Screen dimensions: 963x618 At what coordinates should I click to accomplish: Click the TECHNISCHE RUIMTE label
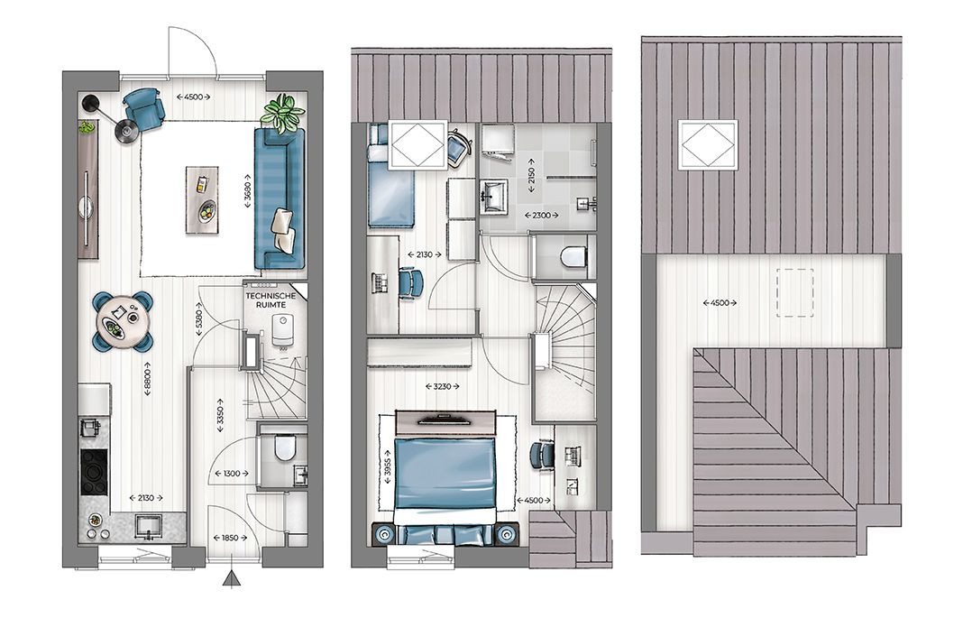click(271, 300)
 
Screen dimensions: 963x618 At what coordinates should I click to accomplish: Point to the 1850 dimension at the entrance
click(230, 538)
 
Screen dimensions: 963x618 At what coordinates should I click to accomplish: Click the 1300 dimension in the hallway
click(232, 474)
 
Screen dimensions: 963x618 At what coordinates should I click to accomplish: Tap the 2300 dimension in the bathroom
click(542, 215)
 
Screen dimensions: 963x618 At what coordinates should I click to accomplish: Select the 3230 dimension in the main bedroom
click(442, 386)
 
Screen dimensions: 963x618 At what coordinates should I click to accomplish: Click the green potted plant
click(282, 113)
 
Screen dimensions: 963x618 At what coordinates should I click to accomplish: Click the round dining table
click(123, 320)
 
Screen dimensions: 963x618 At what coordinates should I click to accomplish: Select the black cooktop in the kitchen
click(94, 472)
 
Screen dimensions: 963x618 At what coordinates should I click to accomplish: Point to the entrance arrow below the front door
click(232, 579)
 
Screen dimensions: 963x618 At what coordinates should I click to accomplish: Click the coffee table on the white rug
click(203, 199)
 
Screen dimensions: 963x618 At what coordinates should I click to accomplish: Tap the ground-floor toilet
click(284, 447)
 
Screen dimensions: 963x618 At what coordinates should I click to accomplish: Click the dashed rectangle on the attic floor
click(794, 293)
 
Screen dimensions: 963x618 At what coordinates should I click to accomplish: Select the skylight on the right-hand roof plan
click(707, 145)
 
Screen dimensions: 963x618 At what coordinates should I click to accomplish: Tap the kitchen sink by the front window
click(148, 527)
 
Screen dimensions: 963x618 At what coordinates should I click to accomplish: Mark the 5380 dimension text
click(198, 318)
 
